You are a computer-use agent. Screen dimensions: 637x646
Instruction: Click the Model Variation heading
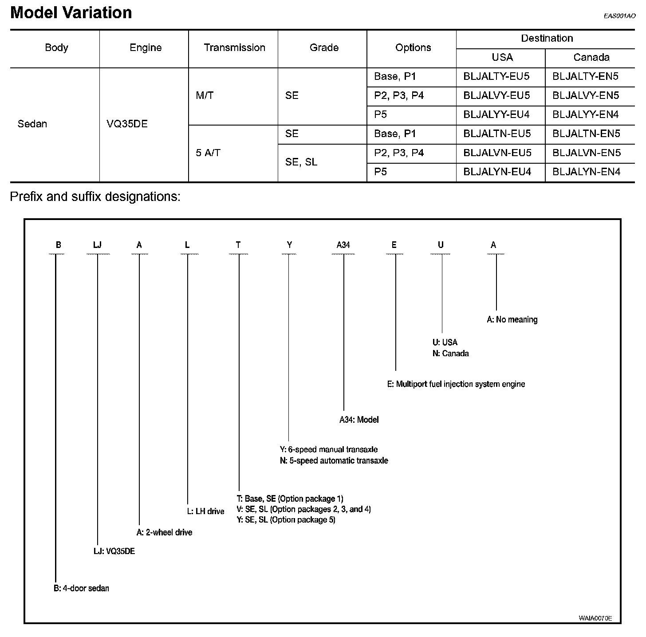[x=71, y=12]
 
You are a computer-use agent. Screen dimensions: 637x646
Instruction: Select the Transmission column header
[x=234, y=48]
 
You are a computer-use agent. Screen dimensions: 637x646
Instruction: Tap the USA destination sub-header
[x=502, y=58]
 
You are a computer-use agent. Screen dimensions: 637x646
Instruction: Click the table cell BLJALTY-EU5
[x=496, y=77]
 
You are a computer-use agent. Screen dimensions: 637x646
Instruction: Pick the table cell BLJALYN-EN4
[x=586, y=172]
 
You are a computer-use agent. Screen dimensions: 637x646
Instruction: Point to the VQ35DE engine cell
[x=127, y=124]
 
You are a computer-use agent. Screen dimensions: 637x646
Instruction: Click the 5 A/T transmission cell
[x=208, y=153]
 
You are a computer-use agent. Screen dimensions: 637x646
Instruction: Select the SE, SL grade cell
[x=301, y=162]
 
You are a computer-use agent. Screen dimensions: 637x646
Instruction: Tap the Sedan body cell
[x=32, y=124]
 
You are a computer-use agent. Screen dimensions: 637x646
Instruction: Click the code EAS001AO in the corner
[x=619, y=16]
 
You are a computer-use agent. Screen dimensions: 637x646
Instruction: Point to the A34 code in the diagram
[x=343, y=245]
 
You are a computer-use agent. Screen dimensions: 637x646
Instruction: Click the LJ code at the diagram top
[x=98, y=245]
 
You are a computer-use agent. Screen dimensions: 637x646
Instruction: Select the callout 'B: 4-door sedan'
[x=81, y=589]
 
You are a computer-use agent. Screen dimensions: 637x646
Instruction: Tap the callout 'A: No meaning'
[x=512, y=320]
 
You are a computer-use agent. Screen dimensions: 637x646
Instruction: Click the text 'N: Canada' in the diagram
[x=450, y=354]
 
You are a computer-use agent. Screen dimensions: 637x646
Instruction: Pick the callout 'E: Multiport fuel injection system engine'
[x=456, y=384]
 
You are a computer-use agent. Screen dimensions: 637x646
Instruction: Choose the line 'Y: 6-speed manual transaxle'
[x=329, y=450]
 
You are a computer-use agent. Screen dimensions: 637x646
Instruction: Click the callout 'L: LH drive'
[x=205, y=511]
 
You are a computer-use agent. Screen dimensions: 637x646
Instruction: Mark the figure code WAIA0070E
[x=595, y=618]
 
